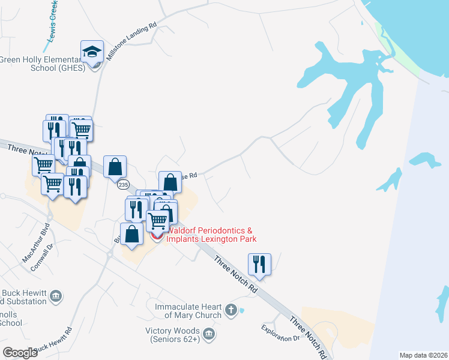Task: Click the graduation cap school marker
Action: pos(92,52)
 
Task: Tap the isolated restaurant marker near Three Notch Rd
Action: pos(259,264)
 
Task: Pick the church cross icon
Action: pos(232,310)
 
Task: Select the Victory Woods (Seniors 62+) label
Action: pos(173,334)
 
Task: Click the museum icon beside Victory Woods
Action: pos(208,334)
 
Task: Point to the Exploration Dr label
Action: pos(280,334)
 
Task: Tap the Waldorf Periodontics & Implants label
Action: pos(211,235)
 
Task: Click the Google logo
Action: pos(20,352)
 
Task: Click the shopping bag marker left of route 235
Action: pos(115,167)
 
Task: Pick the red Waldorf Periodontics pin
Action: pos(157,236)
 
